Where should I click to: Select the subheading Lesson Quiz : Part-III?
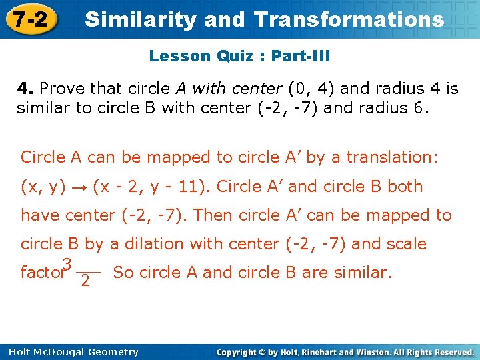tap(239, 56)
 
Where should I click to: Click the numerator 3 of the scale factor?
tap(67, 265)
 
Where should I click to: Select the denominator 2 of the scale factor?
tap(85, 281)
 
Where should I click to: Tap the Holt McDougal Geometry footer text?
tap(69, 352)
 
